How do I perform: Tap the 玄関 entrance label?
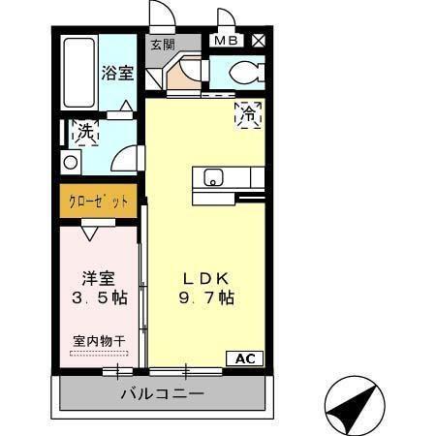click(x=162, y=44)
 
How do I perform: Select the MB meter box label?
click(x=225, y=41)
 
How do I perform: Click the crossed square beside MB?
click(x=259, y=41)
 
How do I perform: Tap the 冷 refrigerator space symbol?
click(x=250, y=113)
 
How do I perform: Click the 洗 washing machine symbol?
click(x=78, y=131)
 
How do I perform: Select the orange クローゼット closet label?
click(x=98, y=202)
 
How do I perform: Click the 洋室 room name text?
click(x=99, y=275)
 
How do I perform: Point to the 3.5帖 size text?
click(x=99, y=298)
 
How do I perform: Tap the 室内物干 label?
click(x=99, y=341)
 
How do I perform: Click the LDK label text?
click(x=205, y=278)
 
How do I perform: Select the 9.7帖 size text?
click(x=205, y=299)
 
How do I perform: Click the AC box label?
click(x=244, y=358)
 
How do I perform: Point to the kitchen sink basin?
click(x=213, y=177)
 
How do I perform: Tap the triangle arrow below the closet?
click(x=88, y=233)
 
